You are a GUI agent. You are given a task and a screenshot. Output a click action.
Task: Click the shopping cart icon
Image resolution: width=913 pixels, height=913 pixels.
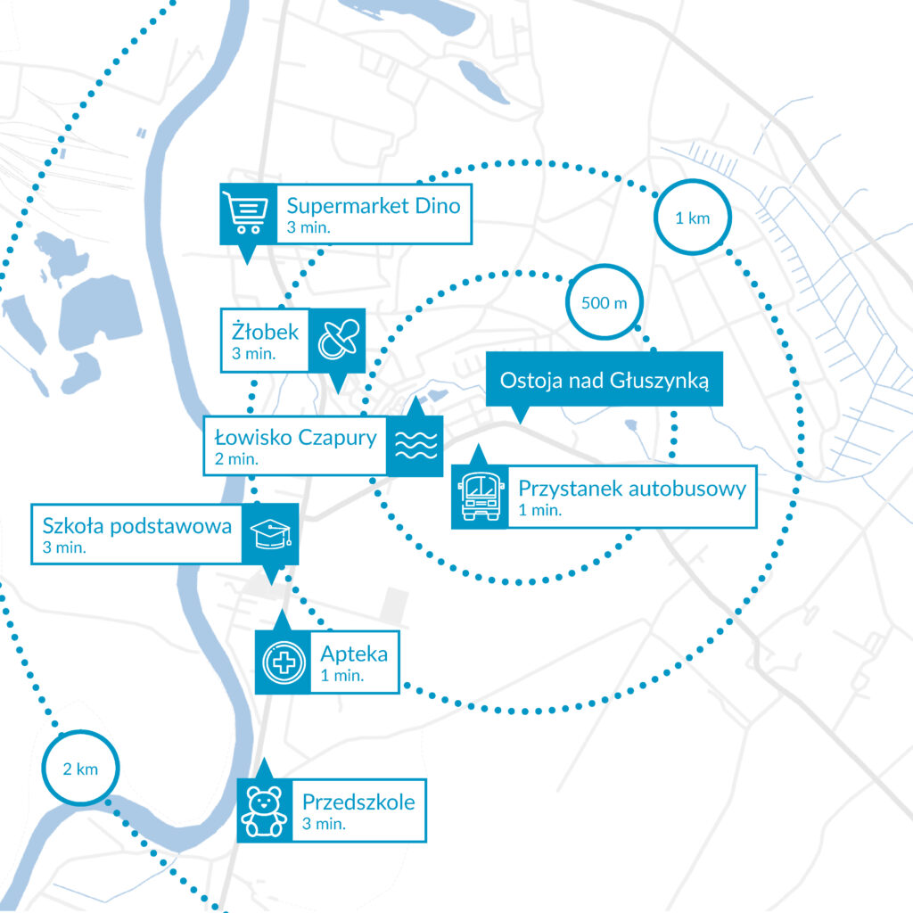pyautogui.click(x=247, y=214)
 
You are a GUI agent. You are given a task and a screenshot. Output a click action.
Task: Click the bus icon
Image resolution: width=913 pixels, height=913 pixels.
pyautogui.click(x=480, y=497)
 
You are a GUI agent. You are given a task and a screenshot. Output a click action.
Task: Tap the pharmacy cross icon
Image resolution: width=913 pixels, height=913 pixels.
pyautogui.click(x=283, y=662)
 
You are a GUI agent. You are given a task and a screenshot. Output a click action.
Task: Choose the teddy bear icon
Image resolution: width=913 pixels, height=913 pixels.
pyautogui.click(x=264, y=810)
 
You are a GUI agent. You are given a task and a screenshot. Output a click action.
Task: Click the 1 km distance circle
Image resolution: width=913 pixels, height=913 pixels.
pyautogui.click(x=693, y=218)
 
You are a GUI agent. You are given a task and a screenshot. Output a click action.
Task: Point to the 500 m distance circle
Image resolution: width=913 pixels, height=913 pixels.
pyautogui.click(x=604, y=302)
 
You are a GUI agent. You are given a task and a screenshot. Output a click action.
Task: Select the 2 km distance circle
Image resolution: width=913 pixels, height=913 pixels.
pyautogui.click(x=80, y=769)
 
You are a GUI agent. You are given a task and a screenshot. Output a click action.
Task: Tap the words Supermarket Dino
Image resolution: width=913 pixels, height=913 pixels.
pyautogui.click(x=374, y=206)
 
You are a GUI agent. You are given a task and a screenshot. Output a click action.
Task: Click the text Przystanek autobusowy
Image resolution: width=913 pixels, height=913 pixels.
pyautogui.click(x=631, y=489)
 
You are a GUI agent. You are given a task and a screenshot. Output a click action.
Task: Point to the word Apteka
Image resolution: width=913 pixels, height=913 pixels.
pyautogui.click(x=354, y=654)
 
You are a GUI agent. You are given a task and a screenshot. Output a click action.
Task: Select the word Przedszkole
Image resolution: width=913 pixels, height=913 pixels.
pyautogui.click(x=358, y=802)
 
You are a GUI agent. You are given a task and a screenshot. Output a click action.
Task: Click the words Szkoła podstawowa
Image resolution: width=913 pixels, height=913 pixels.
pyautogui.click(x=137, y=525)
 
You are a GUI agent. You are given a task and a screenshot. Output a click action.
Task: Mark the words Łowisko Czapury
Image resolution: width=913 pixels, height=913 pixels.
pyautogui.click(x=296, y=438)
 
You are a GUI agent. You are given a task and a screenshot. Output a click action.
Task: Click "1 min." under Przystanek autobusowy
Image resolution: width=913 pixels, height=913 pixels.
pyautogui.click(x=539, y=510)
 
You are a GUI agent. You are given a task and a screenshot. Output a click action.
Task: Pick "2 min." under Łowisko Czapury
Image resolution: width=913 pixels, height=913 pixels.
pyautogui.click(x=237, y=459)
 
